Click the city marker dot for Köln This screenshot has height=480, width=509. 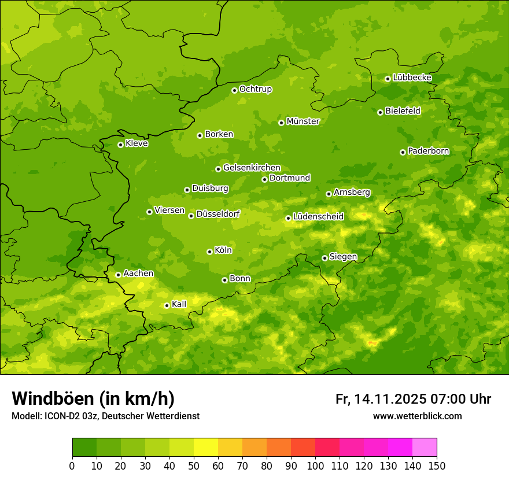(209, 252)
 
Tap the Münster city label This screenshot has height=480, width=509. (303, 121)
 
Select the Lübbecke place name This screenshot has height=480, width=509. (412, 77)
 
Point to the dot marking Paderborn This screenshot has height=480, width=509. (403, 152)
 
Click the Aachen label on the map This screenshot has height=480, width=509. (138, 274)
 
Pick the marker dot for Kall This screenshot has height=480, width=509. (167, 305)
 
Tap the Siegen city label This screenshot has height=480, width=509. (343, 257)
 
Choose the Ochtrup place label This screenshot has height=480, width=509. (255, 89)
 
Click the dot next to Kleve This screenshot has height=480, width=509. (120, 145)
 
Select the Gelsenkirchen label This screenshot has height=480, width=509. (252, 168)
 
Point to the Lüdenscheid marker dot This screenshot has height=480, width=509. (288, 218)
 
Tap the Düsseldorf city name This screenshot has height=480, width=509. (217, 215)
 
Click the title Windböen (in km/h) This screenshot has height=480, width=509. (93, 398)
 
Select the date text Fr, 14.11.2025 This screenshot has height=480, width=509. (381, 399)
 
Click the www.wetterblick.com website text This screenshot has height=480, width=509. (417, 416)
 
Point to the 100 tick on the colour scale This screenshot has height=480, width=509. (315, 466)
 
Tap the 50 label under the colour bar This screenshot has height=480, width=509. (194, 466)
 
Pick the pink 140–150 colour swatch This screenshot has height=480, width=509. (425, 448)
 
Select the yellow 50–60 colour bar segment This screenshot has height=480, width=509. (206, 448)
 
